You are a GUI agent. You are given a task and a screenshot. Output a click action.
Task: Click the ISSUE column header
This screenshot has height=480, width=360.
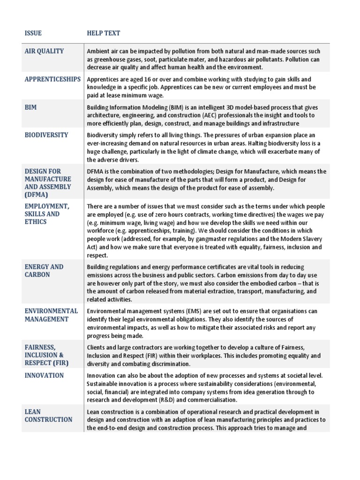(x=33, y=33)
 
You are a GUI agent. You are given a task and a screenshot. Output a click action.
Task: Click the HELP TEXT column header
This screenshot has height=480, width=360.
(x=103, y=33)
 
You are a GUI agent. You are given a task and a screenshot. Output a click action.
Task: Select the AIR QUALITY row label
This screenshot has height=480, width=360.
(x=44, y=51)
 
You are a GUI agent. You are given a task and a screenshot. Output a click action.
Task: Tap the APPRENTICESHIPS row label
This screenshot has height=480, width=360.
(x=52, y=79)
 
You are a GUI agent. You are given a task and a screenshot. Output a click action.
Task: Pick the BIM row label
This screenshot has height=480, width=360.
(x=30, y=107)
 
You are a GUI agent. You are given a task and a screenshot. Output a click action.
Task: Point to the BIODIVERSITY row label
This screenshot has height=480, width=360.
(x=46, y=135)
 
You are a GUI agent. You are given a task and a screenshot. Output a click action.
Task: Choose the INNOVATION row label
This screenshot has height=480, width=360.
(x=44, y=375)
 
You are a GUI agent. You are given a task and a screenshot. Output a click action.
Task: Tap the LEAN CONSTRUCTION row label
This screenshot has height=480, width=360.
(x=48, y=416)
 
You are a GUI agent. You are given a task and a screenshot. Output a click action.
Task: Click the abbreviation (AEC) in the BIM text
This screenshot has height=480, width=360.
(x=215, y=115)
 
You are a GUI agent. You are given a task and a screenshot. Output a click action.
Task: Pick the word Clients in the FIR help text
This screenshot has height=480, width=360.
(x=97, y=347)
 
